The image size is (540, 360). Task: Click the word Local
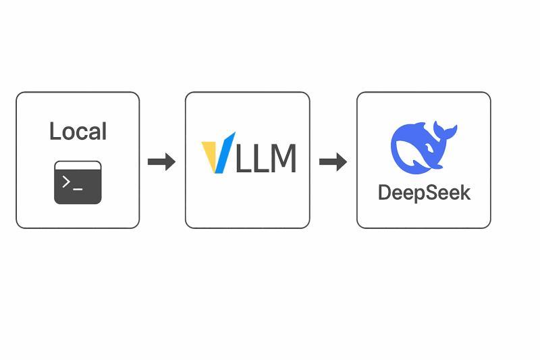(78, 131)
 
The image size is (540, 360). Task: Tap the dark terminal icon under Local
(78, 182)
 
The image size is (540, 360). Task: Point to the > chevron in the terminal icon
(66, 181)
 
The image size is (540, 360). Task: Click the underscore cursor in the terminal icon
(78, 187)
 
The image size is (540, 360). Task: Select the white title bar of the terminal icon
(78, 165)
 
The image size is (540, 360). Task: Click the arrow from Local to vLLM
(161, 161)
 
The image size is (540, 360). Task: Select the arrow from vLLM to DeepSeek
(333, 161)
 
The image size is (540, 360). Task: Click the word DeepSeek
(424, 192)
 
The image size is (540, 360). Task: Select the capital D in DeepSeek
(385, 192)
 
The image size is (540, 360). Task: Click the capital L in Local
(55, 131)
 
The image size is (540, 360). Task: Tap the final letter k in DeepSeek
(464, 192)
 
